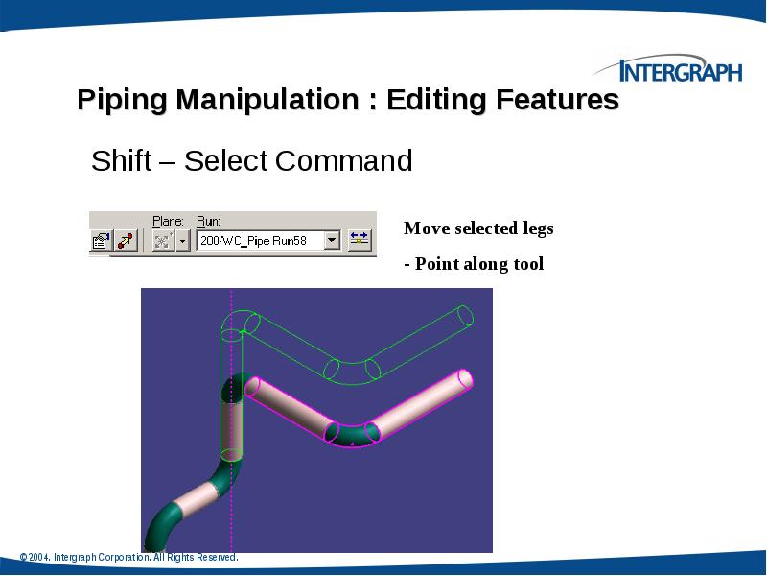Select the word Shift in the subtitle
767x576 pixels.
coord(121,160)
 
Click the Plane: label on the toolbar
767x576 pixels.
coord(169,220)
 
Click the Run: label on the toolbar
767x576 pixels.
coord(208,220)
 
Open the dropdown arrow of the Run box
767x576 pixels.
coord(332,240)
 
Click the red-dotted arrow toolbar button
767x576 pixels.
coord(126,240)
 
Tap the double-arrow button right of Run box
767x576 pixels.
coord(360,240)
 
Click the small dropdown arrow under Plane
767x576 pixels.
coord(183,240)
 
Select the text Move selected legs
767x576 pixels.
coord(478,228)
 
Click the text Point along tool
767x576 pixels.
coord(478,264)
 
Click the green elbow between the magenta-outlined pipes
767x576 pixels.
coord(351,436)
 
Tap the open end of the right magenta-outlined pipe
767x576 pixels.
coord(466,379)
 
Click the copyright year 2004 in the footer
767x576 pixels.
coord(38,558)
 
